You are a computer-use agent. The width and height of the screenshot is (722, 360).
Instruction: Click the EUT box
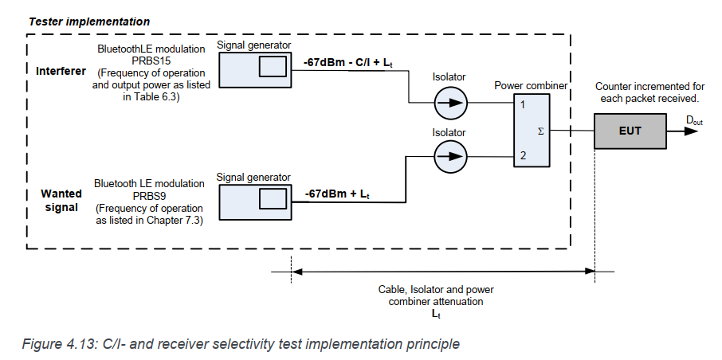[x=630, y=129]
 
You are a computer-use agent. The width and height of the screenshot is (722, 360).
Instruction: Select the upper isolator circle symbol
[x=452, y=103]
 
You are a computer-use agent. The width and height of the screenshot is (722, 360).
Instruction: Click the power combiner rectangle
[x=530, y=130]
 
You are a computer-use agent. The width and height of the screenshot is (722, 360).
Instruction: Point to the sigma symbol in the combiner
[x=541, y=130]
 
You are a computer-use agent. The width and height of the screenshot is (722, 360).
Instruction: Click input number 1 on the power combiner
[x=522, y=104]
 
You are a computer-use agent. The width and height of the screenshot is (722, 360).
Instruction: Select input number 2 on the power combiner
[x=522, y=155]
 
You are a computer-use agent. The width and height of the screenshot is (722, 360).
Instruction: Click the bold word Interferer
[x=61, y=71]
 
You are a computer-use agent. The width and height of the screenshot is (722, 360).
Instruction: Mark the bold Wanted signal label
[x=61, y=200]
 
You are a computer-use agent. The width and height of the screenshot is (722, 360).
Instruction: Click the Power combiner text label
[x=530, y=85]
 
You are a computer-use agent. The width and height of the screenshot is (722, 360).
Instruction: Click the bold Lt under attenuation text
[x=436, y=314]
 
